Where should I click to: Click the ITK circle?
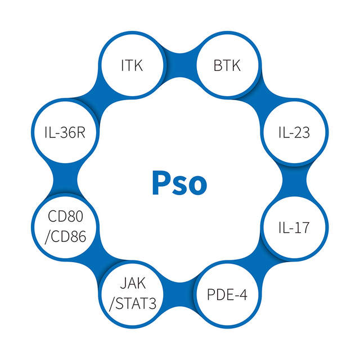coord(132,65)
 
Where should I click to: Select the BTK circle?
coord(227,65)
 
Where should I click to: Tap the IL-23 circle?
coord(295,133)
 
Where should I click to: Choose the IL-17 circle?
coord(295,227)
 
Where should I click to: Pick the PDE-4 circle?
coord(227,295)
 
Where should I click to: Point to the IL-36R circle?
coord(65,133)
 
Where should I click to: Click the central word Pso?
coord(179,183)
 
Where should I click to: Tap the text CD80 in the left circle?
coord(65,216)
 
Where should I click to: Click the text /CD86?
coord(65,237)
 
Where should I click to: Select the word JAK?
coord(133,283)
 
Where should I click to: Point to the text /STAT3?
coord(133,304)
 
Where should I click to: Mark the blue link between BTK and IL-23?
coord(261,99)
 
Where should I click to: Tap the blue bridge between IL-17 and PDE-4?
coord(261,261)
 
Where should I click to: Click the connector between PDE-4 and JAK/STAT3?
coord(180,295)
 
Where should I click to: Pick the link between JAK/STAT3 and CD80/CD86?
coord(99,261)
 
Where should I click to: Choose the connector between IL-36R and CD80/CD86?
coord(65,180)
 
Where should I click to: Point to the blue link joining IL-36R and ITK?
coord(99,99)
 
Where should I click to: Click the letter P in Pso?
coord(160,183)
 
